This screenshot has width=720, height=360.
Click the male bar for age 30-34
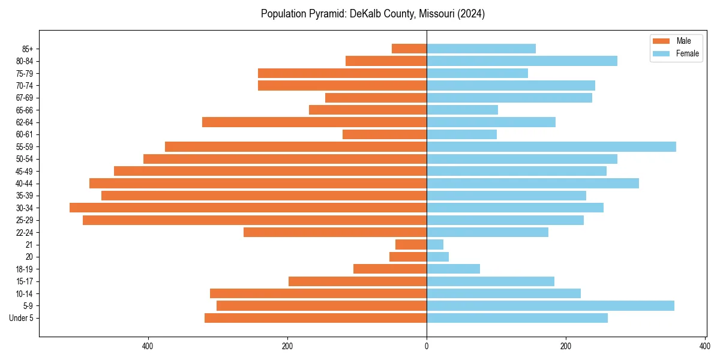pyautogui.click(x=248, y=208)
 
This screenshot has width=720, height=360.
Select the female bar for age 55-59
pyautogui.click(x=551, y=146)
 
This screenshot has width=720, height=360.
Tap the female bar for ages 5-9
pyautogui.click(x=550, y=305)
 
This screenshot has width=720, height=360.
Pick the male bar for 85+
pyautogui.click(x=409, y=49)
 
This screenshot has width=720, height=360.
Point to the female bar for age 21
pyautogui.click(x=435, y=244)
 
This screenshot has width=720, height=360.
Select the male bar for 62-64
pyautogui.click(x=314, y=122)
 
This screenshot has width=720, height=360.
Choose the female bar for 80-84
pyautogui.click(x=521, y=61)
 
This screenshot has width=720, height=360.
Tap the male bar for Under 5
pyautogui.click(x=316, y=318)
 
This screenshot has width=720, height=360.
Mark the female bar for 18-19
pyautogui.click(x=453, y=269)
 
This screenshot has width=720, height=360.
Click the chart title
pyautogui.click(x=373, y=14)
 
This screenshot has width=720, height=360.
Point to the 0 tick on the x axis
pyautogui.click(x=427, y=346)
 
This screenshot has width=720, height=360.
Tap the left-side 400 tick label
pyautogui.click(x=148, y=346)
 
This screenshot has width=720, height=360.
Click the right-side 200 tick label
pyautogui.click(x=565, y=346)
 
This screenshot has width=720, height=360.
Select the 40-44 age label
pyautogui.click(x=24, y=184)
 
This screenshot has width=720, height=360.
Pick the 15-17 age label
pyautogui.click(x=24, y=281)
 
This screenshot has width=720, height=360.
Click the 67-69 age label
pyautogui.click(x=24, y=98)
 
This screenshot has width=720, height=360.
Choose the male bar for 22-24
pyautogui.click(x=335, y=232)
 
